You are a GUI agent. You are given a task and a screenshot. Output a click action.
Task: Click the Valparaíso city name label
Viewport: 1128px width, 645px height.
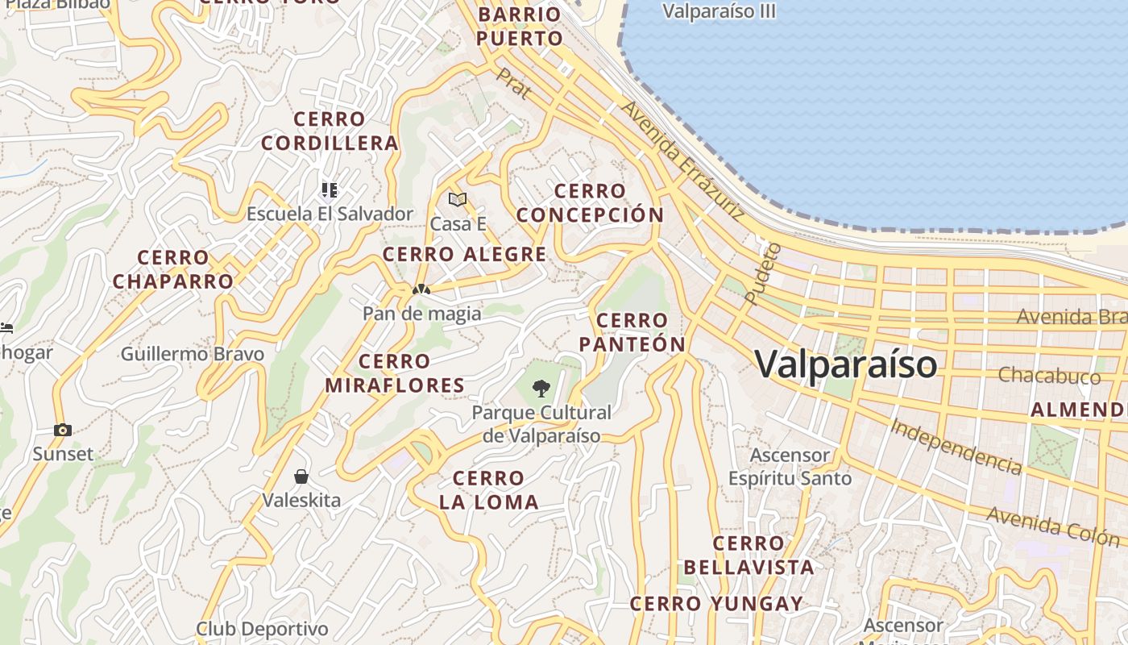846,364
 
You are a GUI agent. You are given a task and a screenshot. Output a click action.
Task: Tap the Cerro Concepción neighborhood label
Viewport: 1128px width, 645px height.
590,203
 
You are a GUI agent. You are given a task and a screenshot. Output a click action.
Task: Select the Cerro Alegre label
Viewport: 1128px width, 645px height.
464,255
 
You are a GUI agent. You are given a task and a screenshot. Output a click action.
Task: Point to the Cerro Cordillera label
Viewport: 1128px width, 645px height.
330,131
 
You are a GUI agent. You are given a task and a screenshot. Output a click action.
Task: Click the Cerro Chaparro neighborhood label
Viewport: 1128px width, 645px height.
172,269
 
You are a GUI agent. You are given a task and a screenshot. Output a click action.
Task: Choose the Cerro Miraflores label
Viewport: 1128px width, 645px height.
395,373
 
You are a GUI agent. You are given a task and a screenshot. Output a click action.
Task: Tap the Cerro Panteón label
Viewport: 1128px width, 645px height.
632,332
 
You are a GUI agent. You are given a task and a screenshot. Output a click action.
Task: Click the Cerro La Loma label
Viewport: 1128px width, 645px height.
488,490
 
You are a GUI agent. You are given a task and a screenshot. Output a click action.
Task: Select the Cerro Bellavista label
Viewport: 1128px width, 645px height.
749,555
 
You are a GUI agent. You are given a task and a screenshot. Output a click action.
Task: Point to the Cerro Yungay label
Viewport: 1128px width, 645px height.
716,603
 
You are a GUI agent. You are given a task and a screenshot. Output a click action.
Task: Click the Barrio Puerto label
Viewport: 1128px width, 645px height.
519,27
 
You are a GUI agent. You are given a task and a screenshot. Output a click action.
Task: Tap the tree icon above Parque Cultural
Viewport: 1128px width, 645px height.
541,389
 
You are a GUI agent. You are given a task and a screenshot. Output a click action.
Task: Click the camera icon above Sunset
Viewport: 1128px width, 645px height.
63,430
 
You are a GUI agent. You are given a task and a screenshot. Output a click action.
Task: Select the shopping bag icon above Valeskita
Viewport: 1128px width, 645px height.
301,476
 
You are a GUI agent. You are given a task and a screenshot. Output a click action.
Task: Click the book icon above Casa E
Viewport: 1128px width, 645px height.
458,199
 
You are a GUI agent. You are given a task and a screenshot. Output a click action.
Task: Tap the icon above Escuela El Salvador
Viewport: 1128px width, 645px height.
329,190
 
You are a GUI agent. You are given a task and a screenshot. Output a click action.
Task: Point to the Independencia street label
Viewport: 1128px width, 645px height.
956,447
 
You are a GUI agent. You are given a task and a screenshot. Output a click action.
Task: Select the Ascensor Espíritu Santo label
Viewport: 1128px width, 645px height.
790,467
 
